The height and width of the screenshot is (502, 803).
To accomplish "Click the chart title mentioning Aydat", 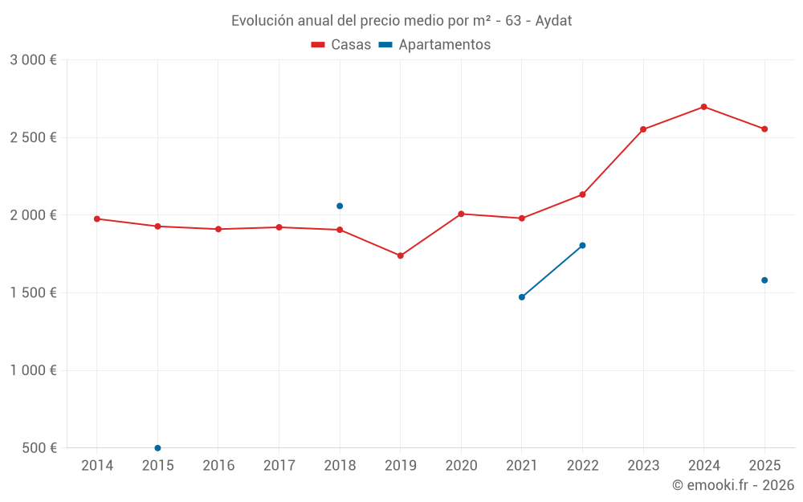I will pyautogui.click(x=401, y=20).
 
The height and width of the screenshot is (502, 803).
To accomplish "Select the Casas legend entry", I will pyautogui.click(x=341, y=45).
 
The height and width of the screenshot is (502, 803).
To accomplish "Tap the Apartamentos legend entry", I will pyautogui.click(x=434, y=45).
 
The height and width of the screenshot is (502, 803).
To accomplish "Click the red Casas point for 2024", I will pyautogui.click(x=703, y=107).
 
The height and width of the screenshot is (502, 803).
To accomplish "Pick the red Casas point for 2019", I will pyautogui.click(x=401, y=255).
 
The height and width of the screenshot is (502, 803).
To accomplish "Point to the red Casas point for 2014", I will pyautogui.click(x=97, y=218).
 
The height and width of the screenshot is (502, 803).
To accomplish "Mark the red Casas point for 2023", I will pyautogui.click(x=643, y=129).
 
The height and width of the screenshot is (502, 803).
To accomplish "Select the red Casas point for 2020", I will pyautogui.click(x=461, y=214).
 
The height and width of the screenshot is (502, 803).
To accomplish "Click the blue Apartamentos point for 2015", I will pyautogui.click(x=157, y=447).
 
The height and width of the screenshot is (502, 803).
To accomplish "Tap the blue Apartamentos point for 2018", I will pyautogui.click(x=340, y=206).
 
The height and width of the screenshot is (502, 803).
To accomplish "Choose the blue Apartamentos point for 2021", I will pyautogui.click(x=522, y=297).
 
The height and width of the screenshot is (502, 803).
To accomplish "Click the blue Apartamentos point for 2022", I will pyautogui.click(x=582, y=245).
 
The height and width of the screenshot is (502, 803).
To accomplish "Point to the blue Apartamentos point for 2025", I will pyautogui.click(x=764, y=280).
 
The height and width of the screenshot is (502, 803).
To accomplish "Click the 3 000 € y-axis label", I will pyautogui.click(x=33, y=60).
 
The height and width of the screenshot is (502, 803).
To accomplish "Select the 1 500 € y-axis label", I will pyautogui.click(x=33, y=293).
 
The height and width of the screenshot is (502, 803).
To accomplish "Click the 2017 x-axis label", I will pyautogui.click(x=279, y=466).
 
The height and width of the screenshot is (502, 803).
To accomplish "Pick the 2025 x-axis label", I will pyautogui.click(x=764, y=466).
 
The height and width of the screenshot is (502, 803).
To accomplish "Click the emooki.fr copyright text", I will pyautogui.click(x=732, y=485).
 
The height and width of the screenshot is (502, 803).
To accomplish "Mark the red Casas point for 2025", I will pyautogui.click(x=764, y=129).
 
